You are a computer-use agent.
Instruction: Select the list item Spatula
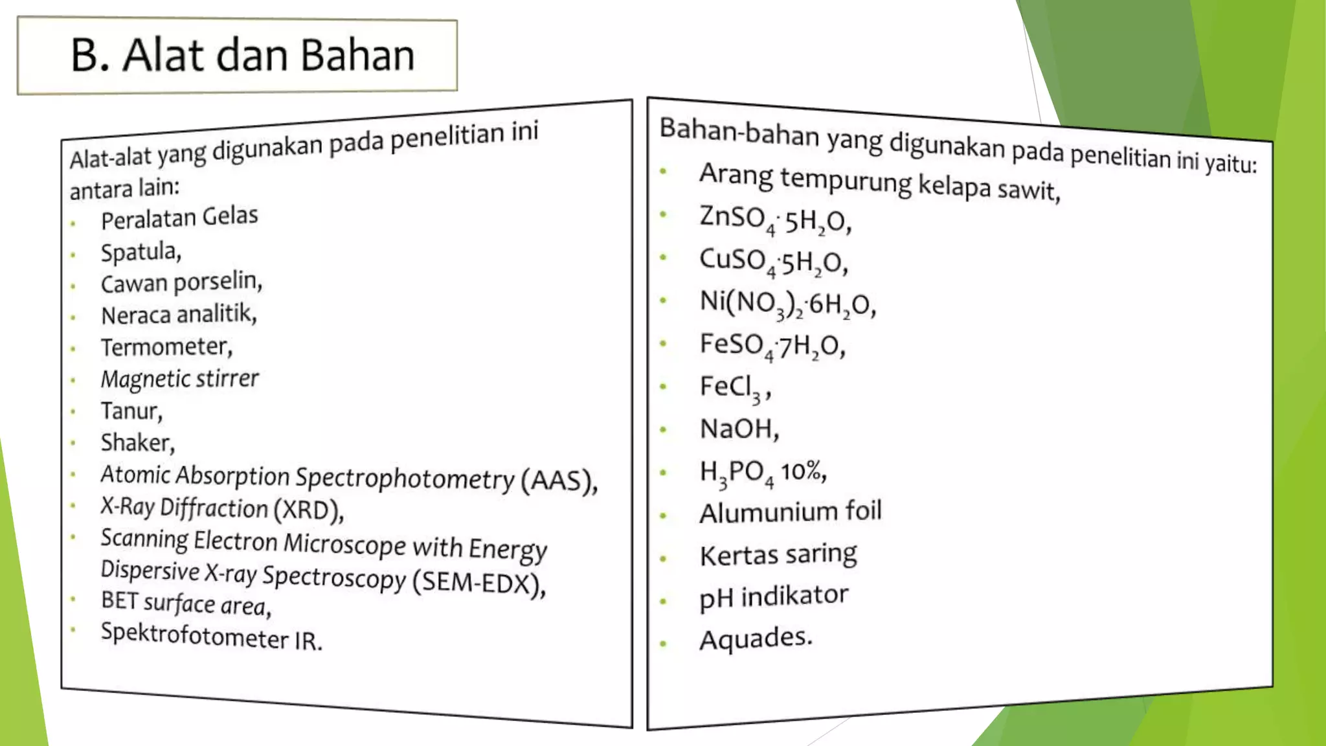[140, 251]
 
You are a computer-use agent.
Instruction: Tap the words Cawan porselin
[181, 282]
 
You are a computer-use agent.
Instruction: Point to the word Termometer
[166, 347]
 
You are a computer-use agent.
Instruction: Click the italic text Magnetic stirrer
[180, 379]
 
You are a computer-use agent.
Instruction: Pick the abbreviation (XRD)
[308, 510]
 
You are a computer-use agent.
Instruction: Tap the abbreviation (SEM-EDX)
[480, 582]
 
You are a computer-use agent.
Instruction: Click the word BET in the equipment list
[120, 600]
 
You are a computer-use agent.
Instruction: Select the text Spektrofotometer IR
[211, 636]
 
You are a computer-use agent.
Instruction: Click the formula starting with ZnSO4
[775, 220]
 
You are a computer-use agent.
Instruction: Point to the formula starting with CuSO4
[773, 262]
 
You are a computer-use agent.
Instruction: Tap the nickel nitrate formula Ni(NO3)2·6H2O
[787, 303]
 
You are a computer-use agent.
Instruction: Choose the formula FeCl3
[734, 387]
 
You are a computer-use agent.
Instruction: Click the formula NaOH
[739, 429]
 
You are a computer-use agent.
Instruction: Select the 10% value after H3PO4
[803, 471]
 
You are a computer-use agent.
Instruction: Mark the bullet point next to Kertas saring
[663, 558]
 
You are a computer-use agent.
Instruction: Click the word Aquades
[755, 639]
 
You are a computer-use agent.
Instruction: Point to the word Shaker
[137, 443]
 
